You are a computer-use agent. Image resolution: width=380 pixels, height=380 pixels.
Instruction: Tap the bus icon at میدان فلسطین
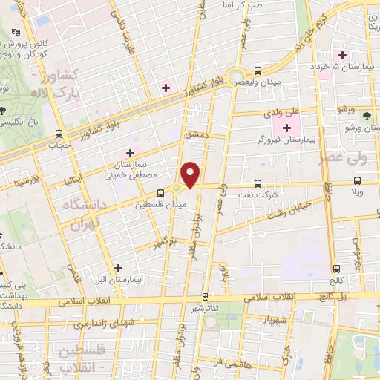pyautogui.click(x=162, y=193)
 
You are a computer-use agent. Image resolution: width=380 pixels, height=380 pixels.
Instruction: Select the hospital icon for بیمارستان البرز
pyautogui.click(x=117, y=267)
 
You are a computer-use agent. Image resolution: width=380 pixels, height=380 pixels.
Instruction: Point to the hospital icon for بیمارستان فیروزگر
pyautogui.click(x=286, y=128)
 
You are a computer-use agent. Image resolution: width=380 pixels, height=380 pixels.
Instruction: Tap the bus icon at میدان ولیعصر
pyautogui.click(x=258, y=71)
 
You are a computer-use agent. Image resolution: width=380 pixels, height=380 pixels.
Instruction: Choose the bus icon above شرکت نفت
pyautogui.click(x=258, y=183)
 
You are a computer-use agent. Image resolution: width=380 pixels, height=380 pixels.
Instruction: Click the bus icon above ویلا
pyautogui.click(x=358, y=180)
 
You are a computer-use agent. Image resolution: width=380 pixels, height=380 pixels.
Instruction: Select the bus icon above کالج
pyautogui.click(x=338, y=269)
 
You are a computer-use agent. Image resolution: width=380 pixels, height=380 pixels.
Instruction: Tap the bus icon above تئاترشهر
pyautogui.click(x=197, y=296)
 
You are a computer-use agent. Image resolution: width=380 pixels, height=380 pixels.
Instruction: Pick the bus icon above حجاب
pyautogui.click(x=59, y=134)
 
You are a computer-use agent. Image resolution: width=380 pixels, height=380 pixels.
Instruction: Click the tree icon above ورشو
pyautogui.click(x=366, y=115)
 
